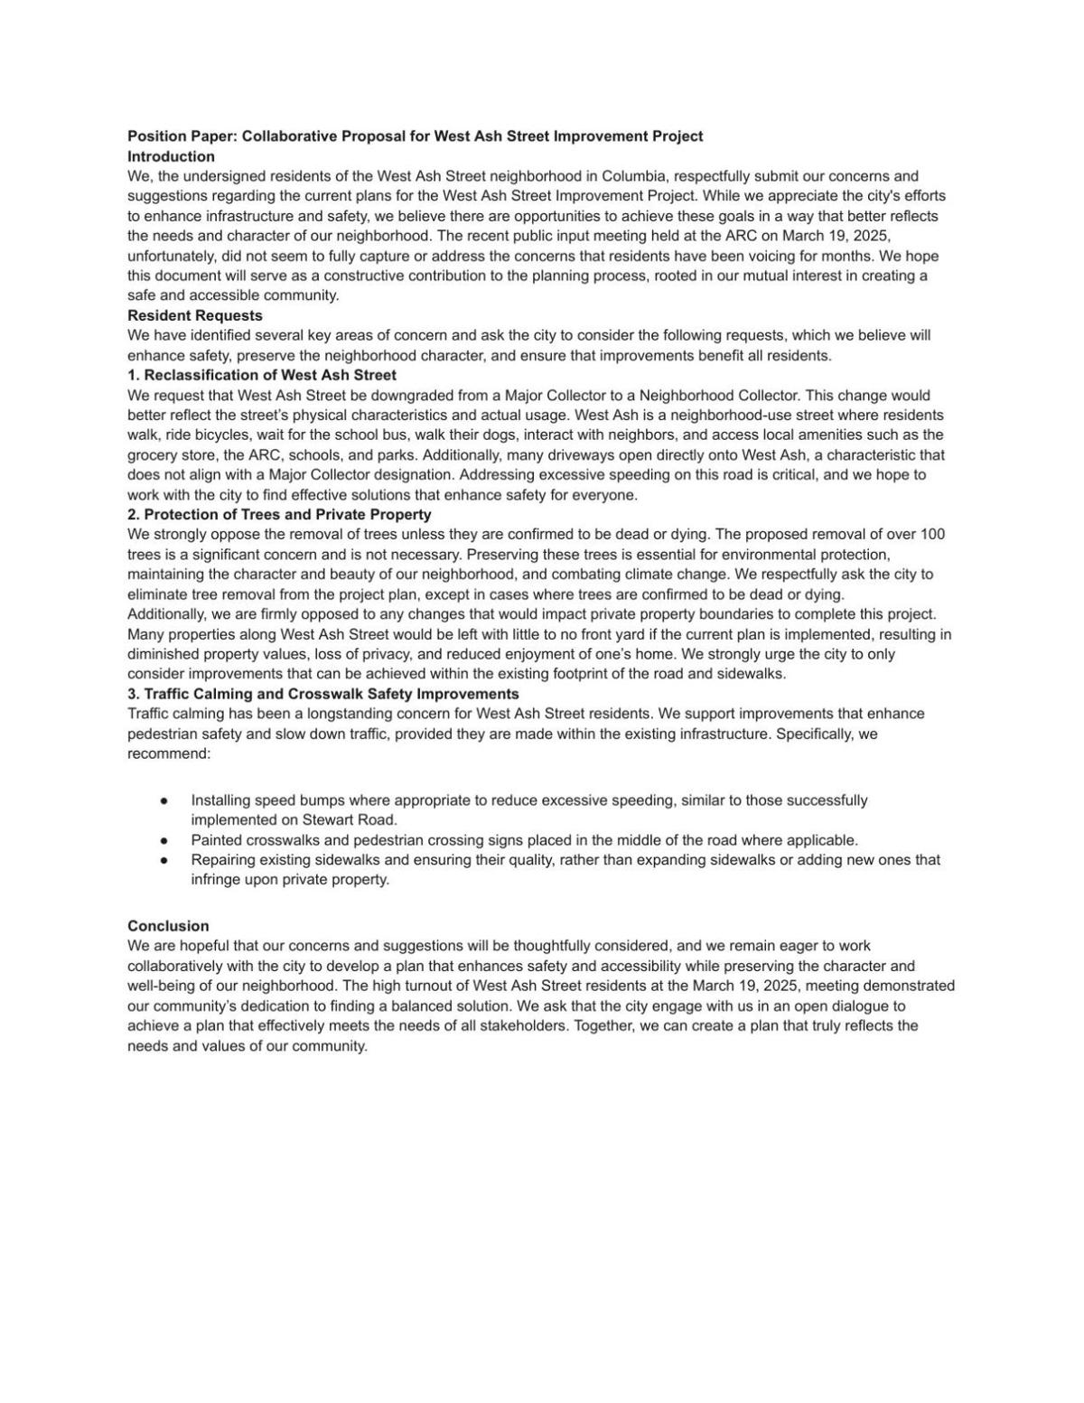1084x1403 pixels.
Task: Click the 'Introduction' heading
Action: click(x=171, y=156)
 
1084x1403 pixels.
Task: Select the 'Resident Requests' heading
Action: click(x=195, y=315)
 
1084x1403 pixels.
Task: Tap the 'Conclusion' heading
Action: click(x=168, y=926)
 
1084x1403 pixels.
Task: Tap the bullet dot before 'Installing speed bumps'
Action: click(x=164, y=800)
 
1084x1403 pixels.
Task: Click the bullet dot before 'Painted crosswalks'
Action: click(x=164, y=840)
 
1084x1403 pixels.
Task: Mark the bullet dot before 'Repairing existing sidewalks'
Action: click(x=164, y=860)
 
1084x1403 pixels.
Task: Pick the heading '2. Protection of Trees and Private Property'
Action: click(x=279, y=514)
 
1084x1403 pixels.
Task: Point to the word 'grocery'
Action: click(x=152, y=455)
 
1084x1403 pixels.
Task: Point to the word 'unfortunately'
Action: click(x=172, y=256)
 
